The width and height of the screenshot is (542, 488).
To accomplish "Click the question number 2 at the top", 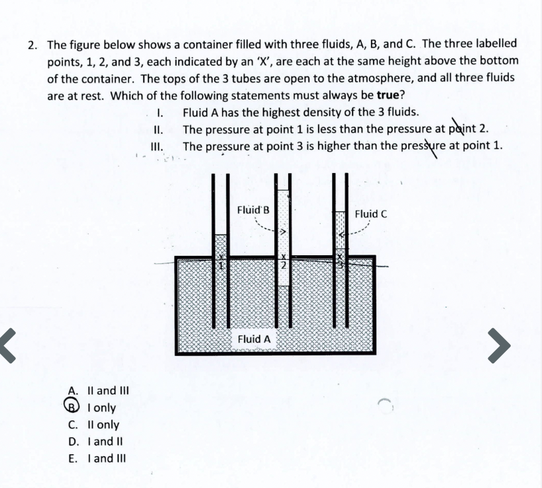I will tap(32, 45).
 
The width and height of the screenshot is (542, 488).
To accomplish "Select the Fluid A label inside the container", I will tap(254, 339).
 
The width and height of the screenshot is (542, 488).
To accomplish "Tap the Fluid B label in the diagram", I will tap(253, 210).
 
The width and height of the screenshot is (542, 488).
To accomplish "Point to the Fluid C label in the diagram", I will tap(370, 213).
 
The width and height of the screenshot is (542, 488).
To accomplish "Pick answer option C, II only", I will tap(93, 424).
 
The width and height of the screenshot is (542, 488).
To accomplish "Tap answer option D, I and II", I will tap(92, 441).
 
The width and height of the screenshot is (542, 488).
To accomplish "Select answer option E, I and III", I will tap(93, 458).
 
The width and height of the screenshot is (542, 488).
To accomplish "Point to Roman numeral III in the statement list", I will tap(157, 146).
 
